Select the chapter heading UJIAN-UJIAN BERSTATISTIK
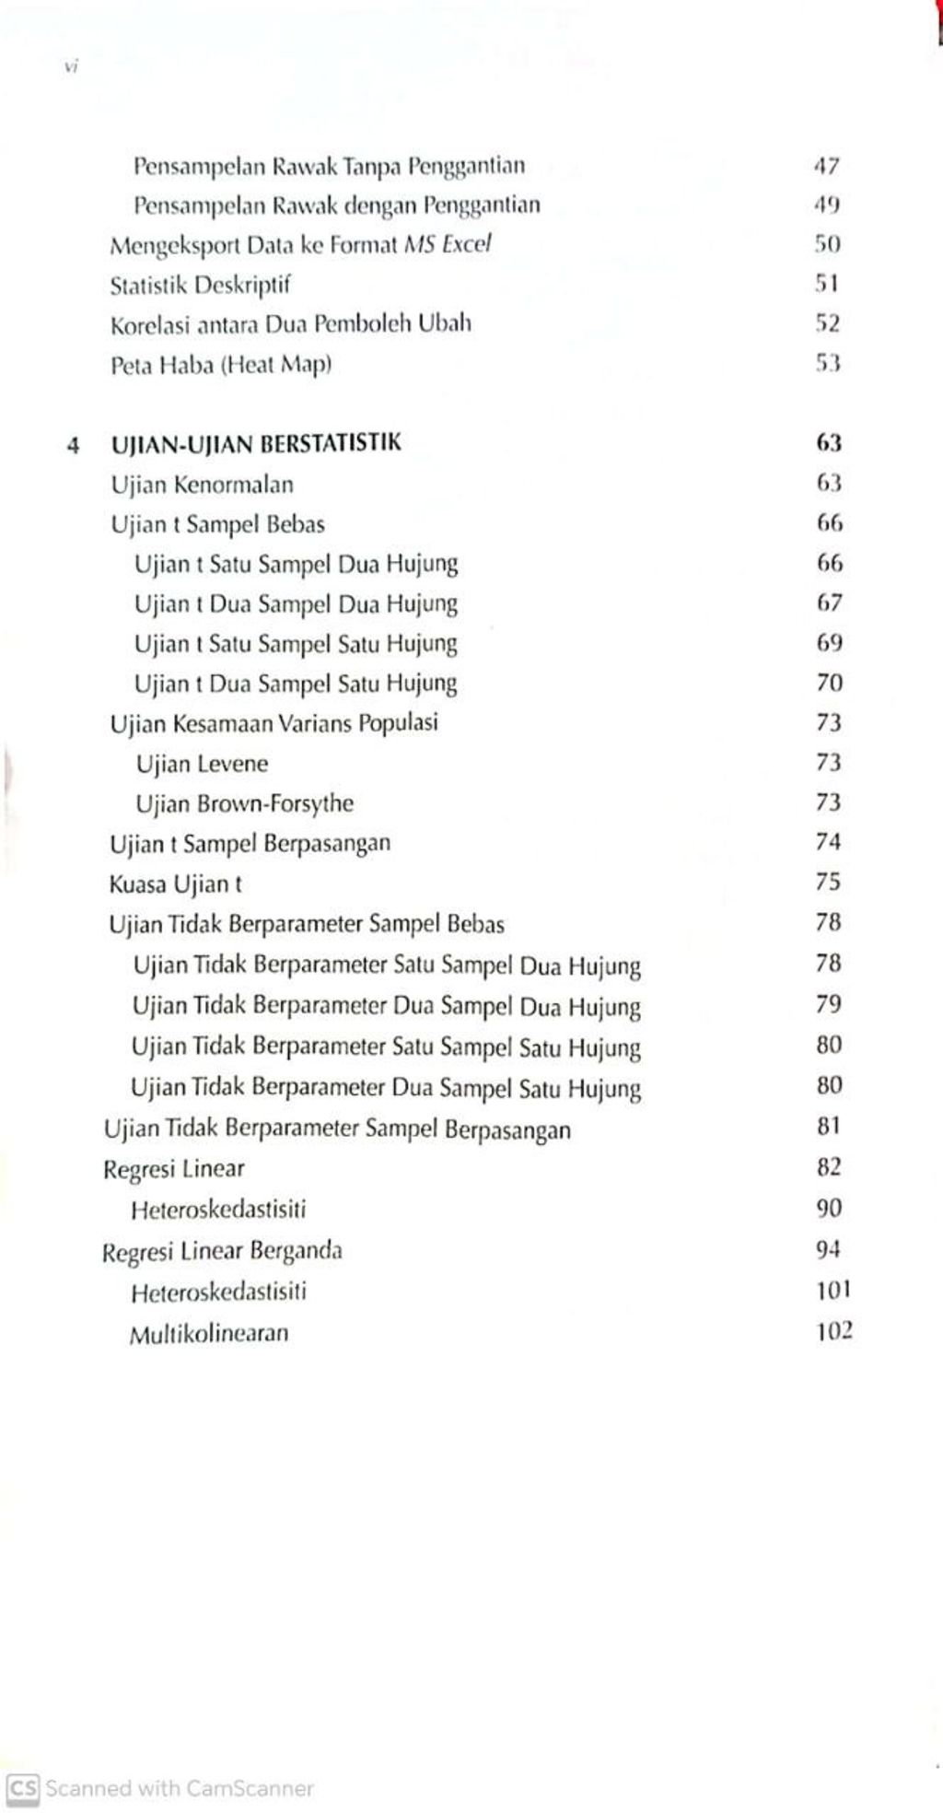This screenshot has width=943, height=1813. pyautogui.click(x=256, y=444)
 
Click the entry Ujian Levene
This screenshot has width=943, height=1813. pyautogui.click(x=202, y=764)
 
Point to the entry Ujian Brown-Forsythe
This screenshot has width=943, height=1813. pyautogui.click(x=244, y=803)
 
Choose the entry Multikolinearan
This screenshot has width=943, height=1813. pyautogui.click(x=209, y=1333)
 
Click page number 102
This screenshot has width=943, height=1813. pyautogui.click(x=833, y=1330)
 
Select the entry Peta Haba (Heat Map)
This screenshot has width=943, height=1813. pyautogui.click(x=221, y=365)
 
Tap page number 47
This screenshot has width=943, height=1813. pyautogui.click(x=827, y=167)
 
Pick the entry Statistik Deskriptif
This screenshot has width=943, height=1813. pyautogui.click(x=200, y=285)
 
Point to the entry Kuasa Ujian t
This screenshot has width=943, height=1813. pyautogui.click(x=175, y=884)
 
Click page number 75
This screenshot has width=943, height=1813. pyautogui.click(x=828, y=882)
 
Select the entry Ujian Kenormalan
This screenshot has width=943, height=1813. pyautogui.click(x=202, y=484)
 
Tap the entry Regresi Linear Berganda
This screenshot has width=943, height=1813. pyautogui.click(x=222, y=1251)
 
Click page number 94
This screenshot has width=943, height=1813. pyautogui.click(x=828, y=1249)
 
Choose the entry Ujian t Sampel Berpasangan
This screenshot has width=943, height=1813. pyautogui.click(x=250, y=843)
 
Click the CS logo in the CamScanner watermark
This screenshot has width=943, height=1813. pyautogui.click(x=22, y=1788)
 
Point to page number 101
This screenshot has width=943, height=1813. pyautogui.click(x=832, y=1290)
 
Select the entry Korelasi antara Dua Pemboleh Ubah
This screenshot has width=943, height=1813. pyautogui.click(x=291, y=324)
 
